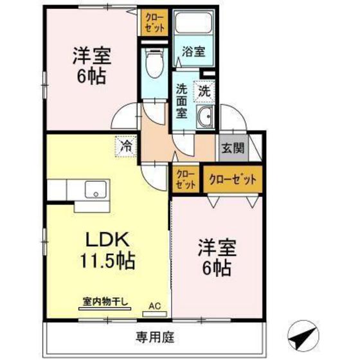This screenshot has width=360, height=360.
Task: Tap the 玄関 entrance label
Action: coord(233,148)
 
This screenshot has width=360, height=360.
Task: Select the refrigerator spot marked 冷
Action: coord(126,146)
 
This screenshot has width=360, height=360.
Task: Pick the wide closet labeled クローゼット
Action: coord(233,179)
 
